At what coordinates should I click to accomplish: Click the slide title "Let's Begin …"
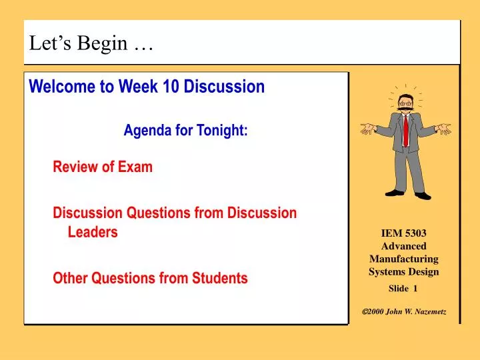pos(91,43)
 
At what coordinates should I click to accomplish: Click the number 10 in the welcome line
pos(171,87)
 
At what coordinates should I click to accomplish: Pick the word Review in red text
pos(75,167)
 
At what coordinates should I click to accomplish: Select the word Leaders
pos(93,232)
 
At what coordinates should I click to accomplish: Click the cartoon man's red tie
pos(405,130)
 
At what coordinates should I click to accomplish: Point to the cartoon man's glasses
pos(404,103)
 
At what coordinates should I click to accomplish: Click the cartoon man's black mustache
pos(404,109)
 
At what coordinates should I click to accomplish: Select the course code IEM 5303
pos(403,233)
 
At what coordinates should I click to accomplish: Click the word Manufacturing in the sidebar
pos(403,259)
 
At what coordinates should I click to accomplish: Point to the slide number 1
pos(415,289)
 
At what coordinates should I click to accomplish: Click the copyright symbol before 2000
pos(365,312)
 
